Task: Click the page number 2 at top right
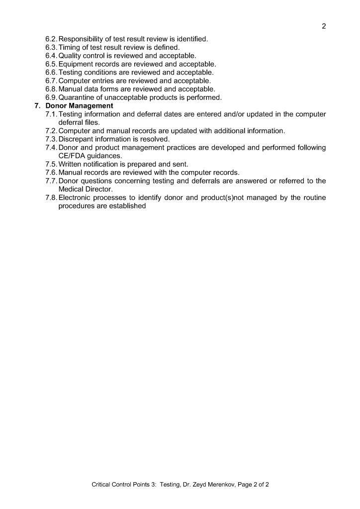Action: click(324, 26)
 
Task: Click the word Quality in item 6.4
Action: click(71, 56)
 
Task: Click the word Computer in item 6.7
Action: click(76, 81)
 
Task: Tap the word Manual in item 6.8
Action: click(71, 89)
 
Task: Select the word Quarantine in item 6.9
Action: click(79, 97)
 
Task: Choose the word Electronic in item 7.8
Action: click(77, 197)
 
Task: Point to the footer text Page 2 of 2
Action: click(251, 484)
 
